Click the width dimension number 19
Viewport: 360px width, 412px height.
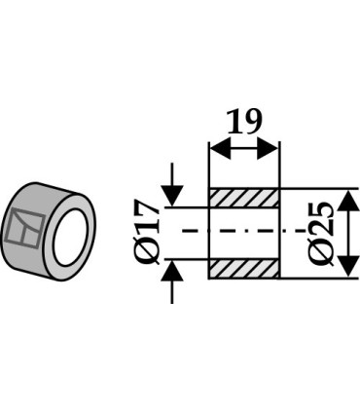(x=244, y=122)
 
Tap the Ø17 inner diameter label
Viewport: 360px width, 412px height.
(x=149, y=233)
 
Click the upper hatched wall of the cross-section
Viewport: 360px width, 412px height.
(x=244, y=199)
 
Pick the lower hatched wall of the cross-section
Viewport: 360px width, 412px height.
(x=244, y=269)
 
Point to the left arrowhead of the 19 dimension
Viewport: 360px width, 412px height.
(x=221, y=148)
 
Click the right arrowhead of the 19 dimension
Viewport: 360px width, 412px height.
(x=268, y=148)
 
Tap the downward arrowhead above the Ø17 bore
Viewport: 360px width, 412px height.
(x=172, y=196)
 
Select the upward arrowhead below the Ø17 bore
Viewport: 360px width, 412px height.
(x=172, y=271)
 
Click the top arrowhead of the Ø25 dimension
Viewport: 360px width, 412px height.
(x=348, y=201)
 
